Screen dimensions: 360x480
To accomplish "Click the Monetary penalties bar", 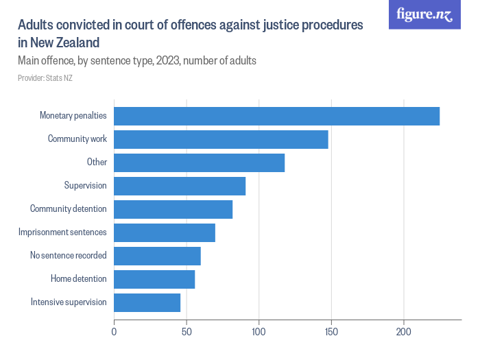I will tap(276, 117).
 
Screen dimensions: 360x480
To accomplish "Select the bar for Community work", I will tap(221, 140).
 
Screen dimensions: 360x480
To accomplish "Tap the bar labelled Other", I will tap(199, 163).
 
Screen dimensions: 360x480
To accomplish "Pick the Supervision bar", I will tap(180, 187).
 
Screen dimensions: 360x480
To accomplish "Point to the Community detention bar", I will tap(173, 210).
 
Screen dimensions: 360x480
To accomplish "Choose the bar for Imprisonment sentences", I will tap(165, 233).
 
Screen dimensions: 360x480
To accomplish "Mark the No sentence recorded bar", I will tap(157, 256).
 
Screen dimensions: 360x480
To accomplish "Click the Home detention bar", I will tap(154, 280).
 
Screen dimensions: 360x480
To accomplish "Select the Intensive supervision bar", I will tap(147, 303).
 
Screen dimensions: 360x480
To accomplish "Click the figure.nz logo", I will tap(424, 14).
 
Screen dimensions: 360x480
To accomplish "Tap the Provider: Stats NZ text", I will tap(45, 78).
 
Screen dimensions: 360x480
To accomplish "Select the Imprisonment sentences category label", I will tap(62, 233).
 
